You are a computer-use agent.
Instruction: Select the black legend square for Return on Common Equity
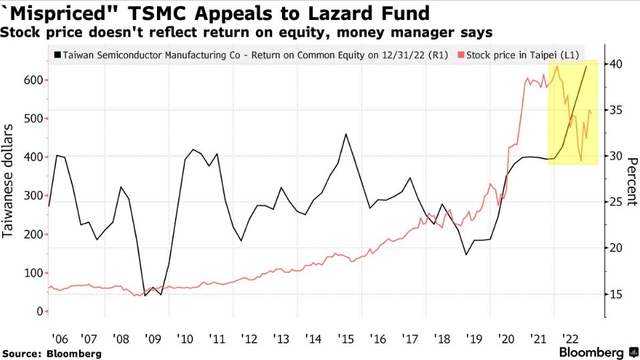point(57,55)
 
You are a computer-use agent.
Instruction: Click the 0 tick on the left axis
point(39,312)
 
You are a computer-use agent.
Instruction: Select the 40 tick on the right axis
point(615,64)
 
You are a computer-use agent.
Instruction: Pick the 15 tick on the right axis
point(615,295)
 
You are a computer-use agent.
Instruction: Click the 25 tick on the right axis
point(615,202)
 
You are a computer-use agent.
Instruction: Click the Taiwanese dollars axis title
point(10,180)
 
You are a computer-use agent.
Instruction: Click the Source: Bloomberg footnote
point(51,353)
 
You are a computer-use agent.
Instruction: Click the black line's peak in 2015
point(345,134)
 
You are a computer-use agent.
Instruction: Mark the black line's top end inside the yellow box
point(587,65)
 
